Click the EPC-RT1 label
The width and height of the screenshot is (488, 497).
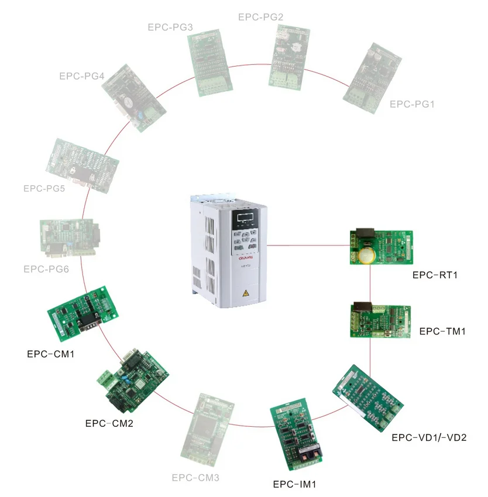point(435,275)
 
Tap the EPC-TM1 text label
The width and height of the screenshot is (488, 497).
point(442,331)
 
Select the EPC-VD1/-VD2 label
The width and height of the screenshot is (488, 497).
point(429,437)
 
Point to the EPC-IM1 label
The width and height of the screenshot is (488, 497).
point(294,484)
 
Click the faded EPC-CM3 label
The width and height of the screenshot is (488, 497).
point(195,477)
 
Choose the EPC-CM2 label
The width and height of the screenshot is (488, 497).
point(109,423)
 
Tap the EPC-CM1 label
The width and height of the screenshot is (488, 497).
point(51,354)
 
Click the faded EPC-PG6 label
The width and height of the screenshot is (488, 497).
point(46,269)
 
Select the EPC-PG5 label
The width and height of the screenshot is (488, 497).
point(44,188)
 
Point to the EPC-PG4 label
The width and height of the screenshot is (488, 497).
point(82,76)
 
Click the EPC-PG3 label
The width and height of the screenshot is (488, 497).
point(170,27)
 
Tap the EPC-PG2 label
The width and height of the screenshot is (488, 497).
point(261,17)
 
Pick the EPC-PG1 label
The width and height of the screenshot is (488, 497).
point(412,104)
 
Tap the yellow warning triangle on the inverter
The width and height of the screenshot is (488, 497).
point(246,293)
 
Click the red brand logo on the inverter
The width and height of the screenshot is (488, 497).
point(246,258)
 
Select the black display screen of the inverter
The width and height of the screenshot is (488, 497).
point(246,218)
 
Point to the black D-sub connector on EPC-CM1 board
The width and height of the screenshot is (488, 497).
point(88,322)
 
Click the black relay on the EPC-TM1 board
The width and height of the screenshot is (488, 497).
point(363,307)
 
